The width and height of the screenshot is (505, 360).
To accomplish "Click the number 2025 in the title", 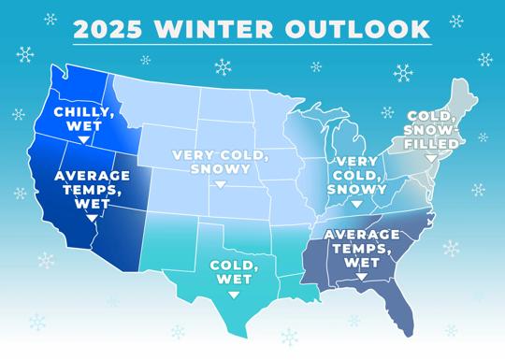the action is (108, 29).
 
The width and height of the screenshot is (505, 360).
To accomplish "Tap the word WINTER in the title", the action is (213, 29).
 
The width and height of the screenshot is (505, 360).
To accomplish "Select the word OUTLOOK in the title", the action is (357, 29).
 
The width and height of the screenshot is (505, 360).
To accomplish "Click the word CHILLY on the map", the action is (84, 112).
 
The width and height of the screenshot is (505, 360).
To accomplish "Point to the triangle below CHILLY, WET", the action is (84, 139).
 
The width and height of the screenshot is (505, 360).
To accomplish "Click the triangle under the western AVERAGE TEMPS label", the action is (92, 218).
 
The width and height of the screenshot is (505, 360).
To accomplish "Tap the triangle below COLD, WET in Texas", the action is (234, 295).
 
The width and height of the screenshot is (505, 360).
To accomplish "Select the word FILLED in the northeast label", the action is (431, 144).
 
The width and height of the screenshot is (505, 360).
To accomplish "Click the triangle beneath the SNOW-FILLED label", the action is (431, 158).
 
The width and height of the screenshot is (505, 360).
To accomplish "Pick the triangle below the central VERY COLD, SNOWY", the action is (221, 184).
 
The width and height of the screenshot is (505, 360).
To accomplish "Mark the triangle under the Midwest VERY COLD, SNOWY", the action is (357, 204).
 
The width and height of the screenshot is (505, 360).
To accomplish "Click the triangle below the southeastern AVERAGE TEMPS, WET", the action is (362, 277).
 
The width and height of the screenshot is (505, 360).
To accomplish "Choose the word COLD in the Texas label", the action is (231, 266).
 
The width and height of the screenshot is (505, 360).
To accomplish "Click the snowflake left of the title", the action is (50, 20).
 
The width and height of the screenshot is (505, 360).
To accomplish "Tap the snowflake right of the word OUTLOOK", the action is (456, 22).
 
